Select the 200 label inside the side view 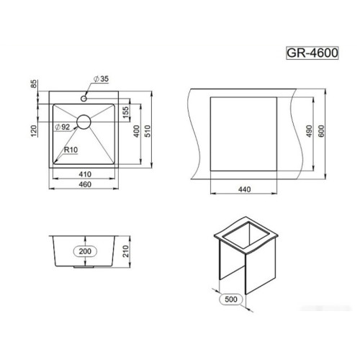click(84, 251)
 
